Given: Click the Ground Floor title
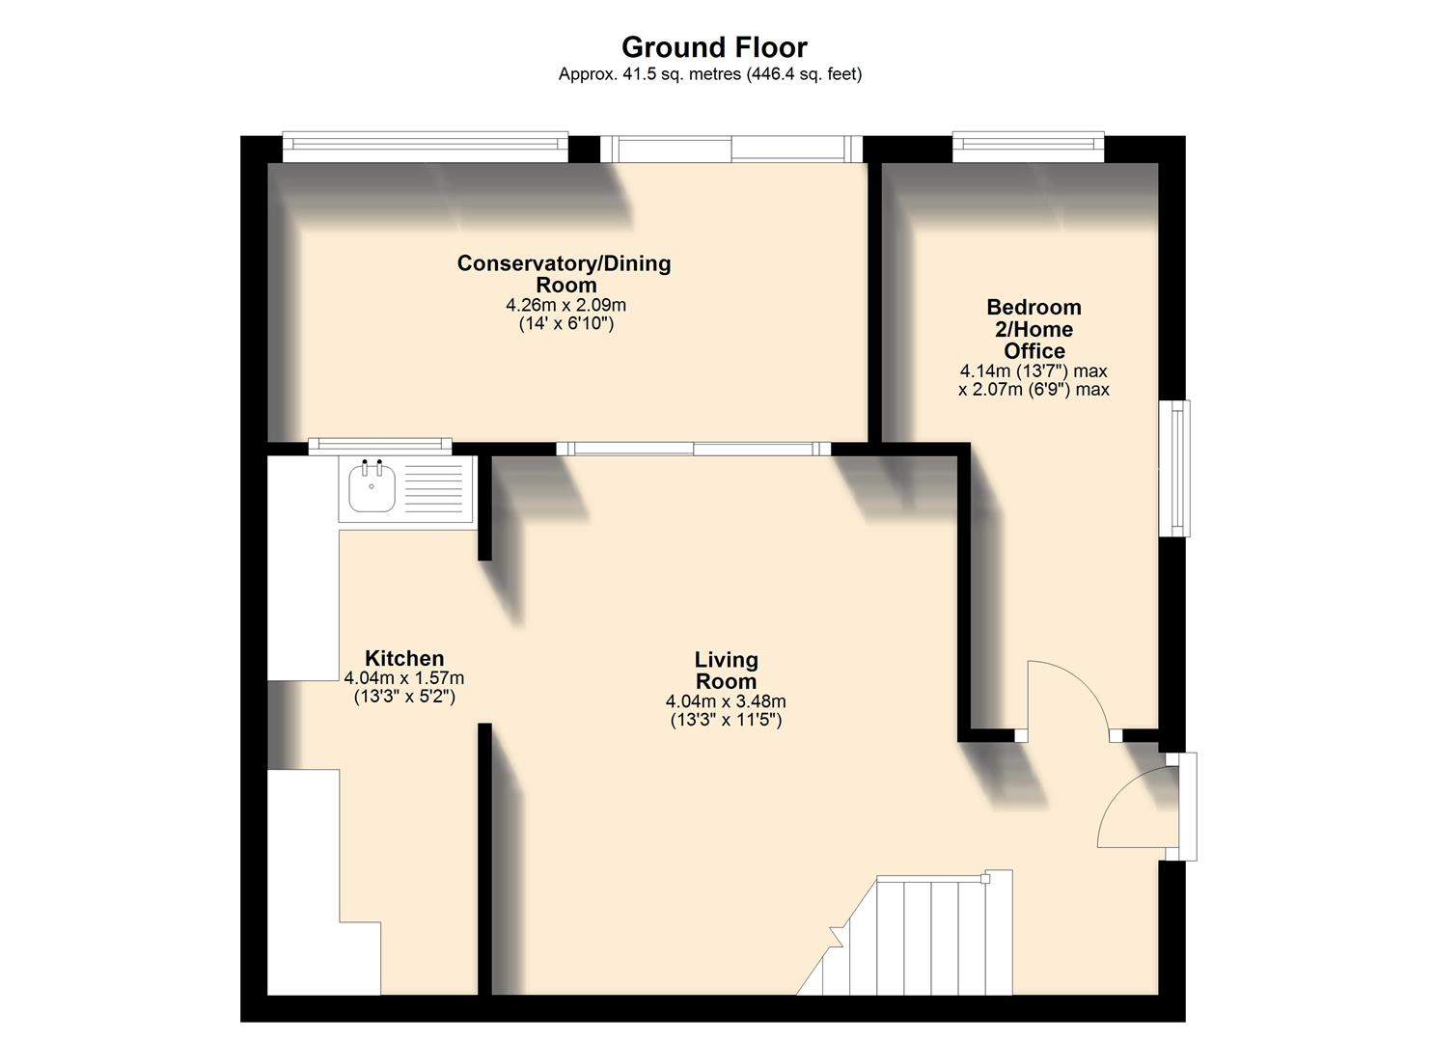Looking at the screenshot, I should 714,46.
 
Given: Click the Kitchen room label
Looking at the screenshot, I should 404,659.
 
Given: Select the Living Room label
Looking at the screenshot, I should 726,670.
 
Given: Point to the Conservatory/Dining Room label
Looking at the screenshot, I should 565,274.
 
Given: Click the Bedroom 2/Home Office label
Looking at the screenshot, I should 1033,329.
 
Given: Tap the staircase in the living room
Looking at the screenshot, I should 926,936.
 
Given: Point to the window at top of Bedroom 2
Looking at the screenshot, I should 1028,146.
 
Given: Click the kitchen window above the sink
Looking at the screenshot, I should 379,445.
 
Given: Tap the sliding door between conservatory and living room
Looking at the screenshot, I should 693,448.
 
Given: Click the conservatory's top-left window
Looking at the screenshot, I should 426,145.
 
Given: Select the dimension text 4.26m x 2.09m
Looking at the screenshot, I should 565,305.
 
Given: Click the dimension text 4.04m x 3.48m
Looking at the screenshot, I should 726,701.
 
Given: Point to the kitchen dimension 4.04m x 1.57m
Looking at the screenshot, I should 404,678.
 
